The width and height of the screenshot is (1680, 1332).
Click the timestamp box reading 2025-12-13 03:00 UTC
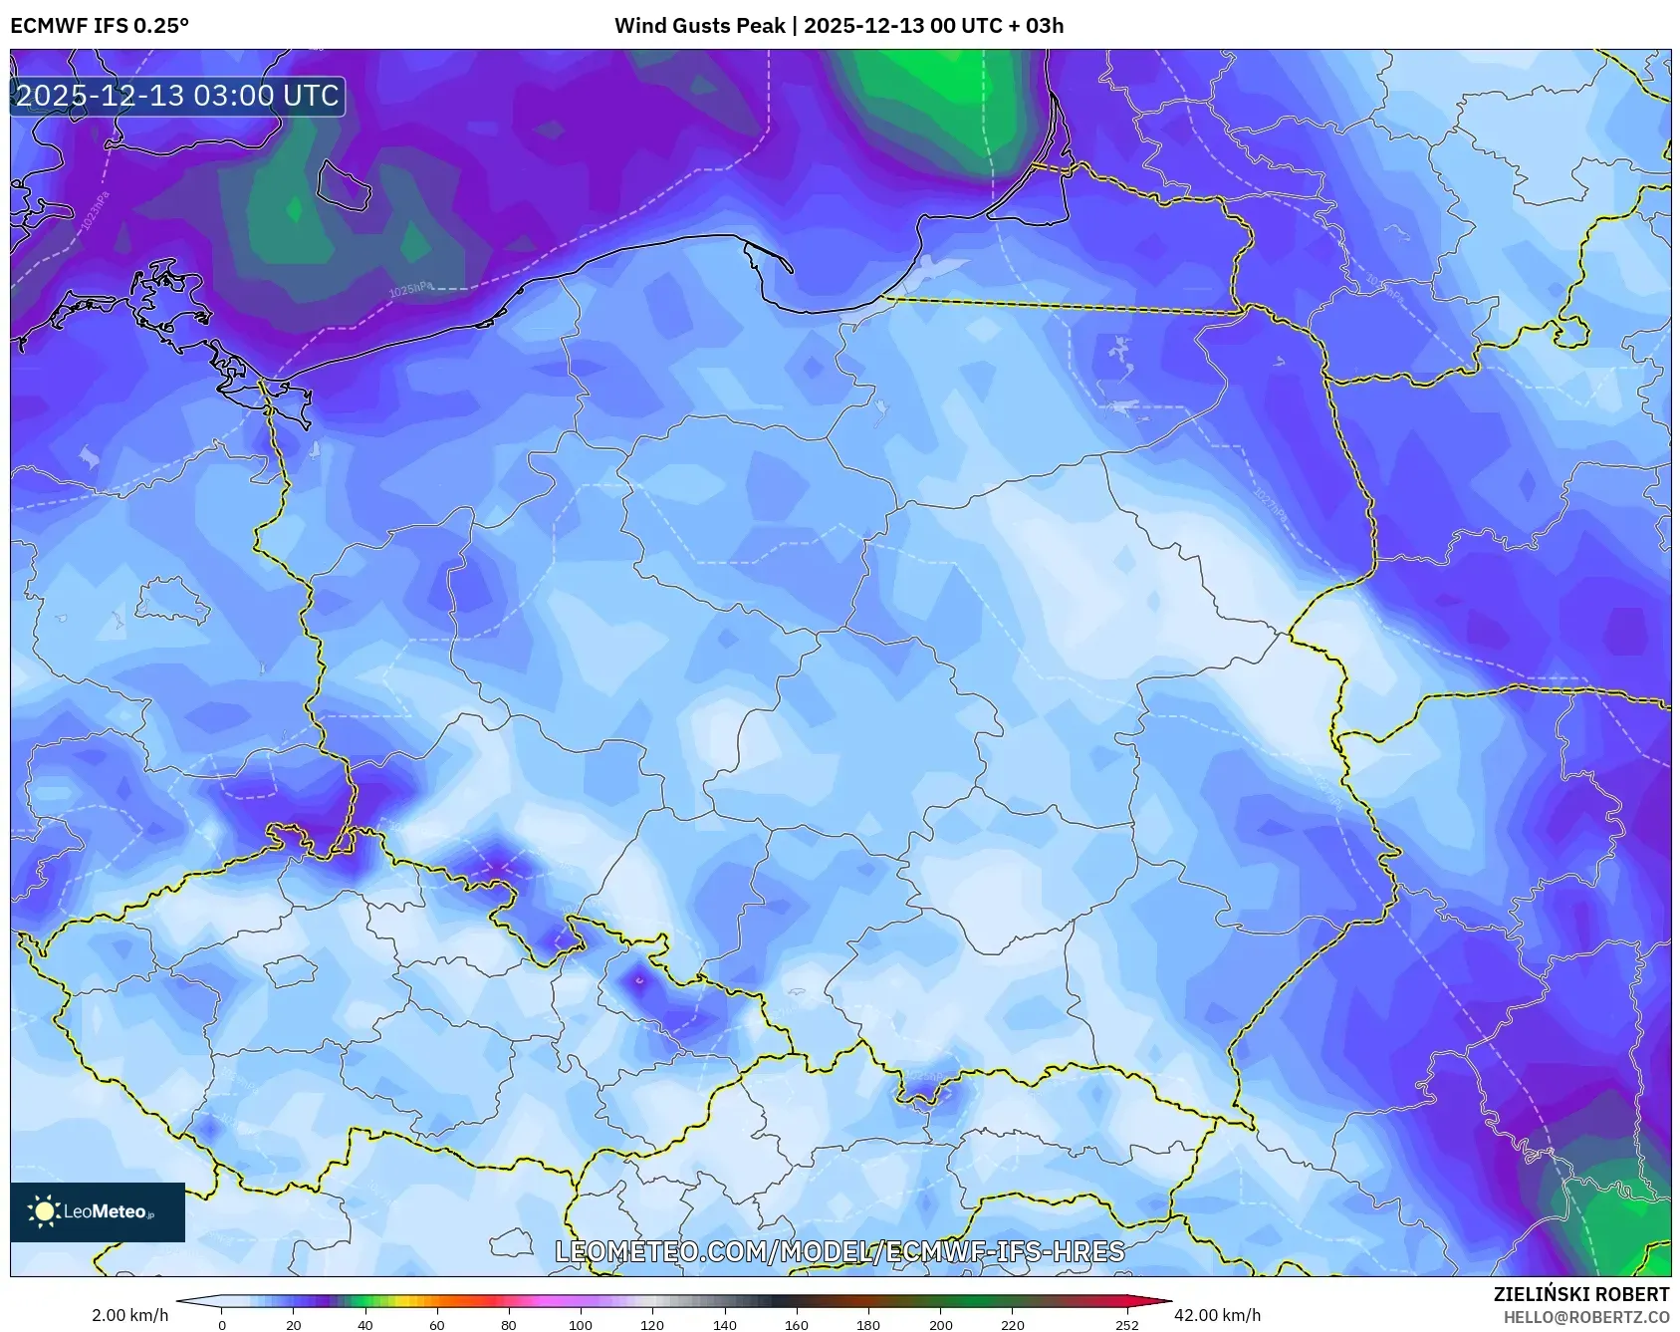tap(177, 96)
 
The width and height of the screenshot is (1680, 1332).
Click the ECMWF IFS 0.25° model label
tap(100, 26)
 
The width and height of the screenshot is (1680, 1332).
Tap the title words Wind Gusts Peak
tap(699, 26)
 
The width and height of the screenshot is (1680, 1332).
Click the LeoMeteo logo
tap(98, 1211)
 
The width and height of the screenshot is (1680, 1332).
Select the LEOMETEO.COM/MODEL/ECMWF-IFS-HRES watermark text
tap(840, 1251)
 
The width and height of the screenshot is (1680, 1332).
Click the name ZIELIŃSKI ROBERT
tap(1580, 1294)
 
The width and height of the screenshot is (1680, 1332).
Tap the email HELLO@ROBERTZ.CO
tap(1585, 1317)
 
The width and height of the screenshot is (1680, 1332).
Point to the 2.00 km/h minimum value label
tap(129, 1315)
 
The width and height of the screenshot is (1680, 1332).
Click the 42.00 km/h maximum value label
tap(1217, 1315)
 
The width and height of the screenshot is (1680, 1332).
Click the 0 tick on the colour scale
tap(222, 1325)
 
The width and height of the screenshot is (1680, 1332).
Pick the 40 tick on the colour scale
tap(365, 1325)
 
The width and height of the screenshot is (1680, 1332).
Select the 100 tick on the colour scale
tap(581, 1325)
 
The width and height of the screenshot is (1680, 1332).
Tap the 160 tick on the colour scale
tap(797, 1325)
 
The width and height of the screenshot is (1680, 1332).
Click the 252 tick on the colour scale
tap(1126, 1325)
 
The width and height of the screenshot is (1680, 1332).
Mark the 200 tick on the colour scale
tap(940, 1325)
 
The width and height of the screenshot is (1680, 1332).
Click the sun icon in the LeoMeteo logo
tap(44, 1211)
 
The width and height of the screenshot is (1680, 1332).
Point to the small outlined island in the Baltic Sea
tap(341, 185)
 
